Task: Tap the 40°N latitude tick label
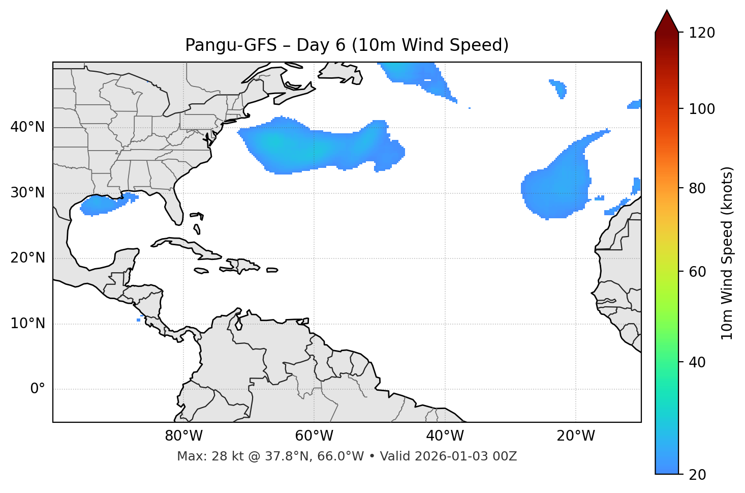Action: pyautogui.click(x=27, y=127)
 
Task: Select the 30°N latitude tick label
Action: pyautogui.click(x=27, y=193)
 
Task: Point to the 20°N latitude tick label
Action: pyautogui.click(x=27, y=258)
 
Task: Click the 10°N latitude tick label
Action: pyautogui.click(x=27, y=324)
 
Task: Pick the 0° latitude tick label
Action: pyautogui.click(x=38, y=389)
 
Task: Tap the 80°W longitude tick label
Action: pyautogui.click(x=183, y=436)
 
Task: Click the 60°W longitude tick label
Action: pyautogui.click(x=314, y=436)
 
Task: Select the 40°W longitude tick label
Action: pyautogui.click(x=445, y=436)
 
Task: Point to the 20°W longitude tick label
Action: pyautogui.click(x=576, y=436)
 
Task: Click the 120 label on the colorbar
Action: pyautogui.click(x=702, y=33)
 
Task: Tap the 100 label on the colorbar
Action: pyautogui.click(x=702, y=109)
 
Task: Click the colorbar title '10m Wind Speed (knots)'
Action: pyautogui.click(x=727, y=253)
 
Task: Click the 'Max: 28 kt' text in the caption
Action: pyautogui.click(x=199, y=456)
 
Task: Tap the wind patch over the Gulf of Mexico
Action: pyautogui.click(x=104, y=204)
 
